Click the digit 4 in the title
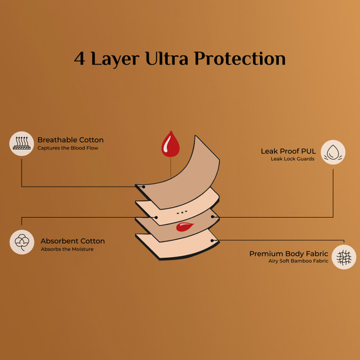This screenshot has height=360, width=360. click(80, 58)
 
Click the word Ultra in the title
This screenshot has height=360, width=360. click(167, 58)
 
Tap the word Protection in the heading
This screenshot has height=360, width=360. click(240, 58)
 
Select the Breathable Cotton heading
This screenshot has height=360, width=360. click(70, 140)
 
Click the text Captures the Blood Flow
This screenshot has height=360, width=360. click(68, 148)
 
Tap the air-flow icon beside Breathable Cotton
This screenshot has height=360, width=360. click(21, 144)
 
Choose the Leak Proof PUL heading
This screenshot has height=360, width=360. click(288, 151)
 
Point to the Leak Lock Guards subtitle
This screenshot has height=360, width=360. click(293, 159)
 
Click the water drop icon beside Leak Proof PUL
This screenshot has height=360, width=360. click(333, 152)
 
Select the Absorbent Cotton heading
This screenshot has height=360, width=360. click(73, 241)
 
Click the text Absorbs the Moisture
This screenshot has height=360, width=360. click(67, 249)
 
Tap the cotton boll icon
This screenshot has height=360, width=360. click(22, 242)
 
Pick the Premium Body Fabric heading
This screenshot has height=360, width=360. click(289, 253)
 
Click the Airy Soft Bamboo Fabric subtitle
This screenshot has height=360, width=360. click(298, 261)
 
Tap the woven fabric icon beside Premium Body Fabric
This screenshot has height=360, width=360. click(344, 257)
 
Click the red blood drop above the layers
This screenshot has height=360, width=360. click(170, 144)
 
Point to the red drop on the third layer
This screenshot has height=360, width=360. click(184, 227)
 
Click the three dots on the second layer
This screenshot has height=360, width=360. click(182, 213)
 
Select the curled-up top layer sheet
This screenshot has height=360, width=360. click(178, 173)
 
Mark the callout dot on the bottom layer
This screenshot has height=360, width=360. click(212, 240)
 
